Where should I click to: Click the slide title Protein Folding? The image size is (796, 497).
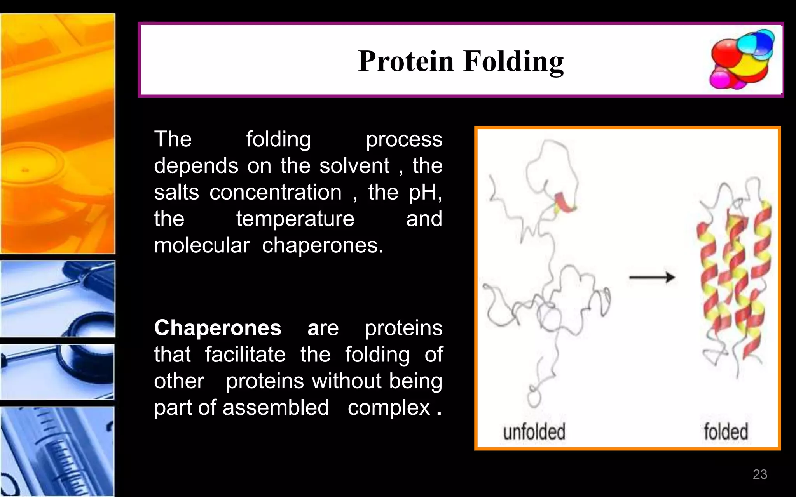(x=461, y=61)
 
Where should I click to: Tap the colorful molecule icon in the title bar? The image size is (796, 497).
(x=742, y=59)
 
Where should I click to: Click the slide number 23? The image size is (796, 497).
(x=760, y=474)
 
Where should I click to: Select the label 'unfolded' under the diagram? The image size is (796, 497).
(x=534, y=432)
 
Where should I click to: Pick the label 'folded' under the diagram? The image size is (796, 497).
(x=726, y=432)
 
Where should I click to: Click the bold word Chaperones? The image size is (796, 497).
(x=218, y=328)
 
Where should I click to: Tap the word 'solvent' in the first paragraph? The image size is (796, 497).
(x=354, y=166)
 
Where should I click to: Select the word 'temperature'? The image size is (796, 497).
(x=295, y=219)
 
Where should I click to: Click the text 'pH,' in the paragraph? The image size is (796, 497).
(x=425, y=193)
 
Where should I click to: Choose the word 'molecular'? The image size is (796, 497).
(x=202, y=245)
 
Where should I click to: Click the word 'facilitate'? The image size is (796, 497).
(x=245, y=355)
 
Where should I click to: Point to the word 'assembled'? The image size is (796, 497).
(x=276, y=407)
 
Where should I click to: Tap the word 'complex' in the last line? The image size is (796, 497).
(x=389, y=408)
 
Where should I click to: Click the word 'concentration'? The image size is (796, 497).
(x=275, y=192)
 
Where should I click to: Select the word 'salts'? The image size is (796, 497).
(x=176, y=192)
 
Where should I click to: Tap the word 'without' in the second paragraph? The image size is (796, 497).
(x=347, y=381)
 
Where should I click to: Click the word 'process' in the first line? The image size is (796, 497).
(x=404, y=140)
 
